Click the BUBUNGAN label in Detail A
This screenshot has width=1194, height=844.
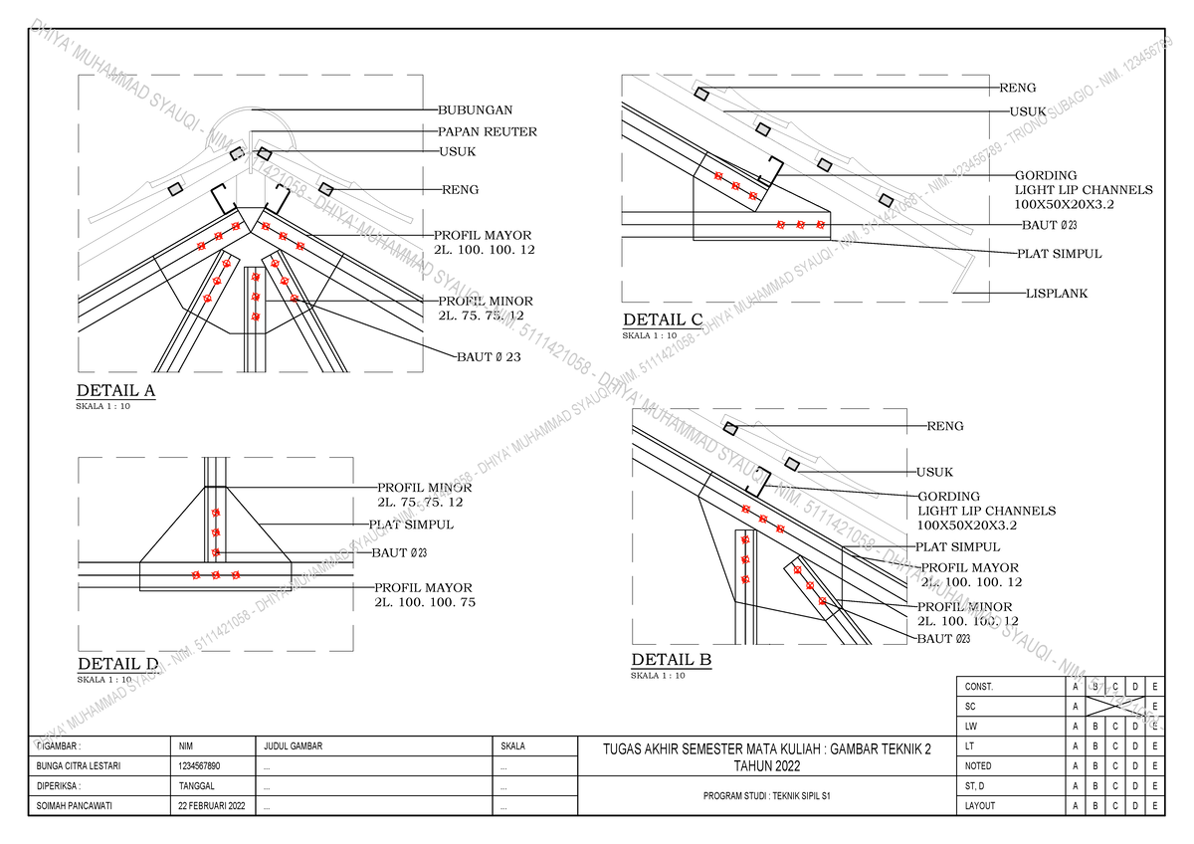(x=476, y=110)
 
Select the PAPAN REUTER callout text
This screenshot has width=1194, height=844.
(x=488, y=131)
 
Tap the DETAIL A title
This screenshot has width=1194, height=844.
(x=116, y=390)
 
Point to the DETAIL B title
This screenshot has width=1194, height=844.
(x=672, y=660)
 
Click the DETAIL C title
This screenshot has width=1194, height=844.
(x=663, y=319)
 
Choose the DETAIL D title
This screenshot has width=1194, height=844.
(x=117, y=664)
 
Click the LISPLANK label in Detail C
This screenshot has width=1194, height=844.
(x=1057, y=294)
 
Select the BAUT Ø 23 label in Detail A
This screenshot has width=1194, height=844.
(x=489, y=356)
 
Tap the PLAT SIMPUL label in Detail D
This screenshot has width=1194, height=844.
(x=411, y=525)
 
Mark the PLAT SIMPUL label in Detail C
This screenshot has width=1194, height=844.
(x=1059, y=254)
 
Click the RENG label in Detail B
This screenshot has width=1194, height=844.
(x=945, y=426)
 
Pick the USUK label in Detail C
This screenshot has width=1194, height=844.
(x=1027, y=112)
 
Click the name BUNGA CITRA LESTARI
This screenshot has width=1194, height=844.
(x=79, y=766)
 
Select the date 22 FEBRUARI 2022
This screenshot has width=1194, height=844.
(x=212, y=806)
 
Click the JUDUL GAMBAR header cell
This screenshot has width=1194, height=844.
(x=294, y=745)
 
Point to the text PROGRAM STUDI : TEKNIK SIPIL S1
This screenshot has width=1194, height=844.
(x=767, y=796)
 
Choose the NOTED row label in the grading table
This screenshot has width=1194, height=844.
(x=978, y=766)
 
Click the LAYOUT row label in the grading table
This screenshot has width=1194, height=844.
(x=979, y=806)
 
